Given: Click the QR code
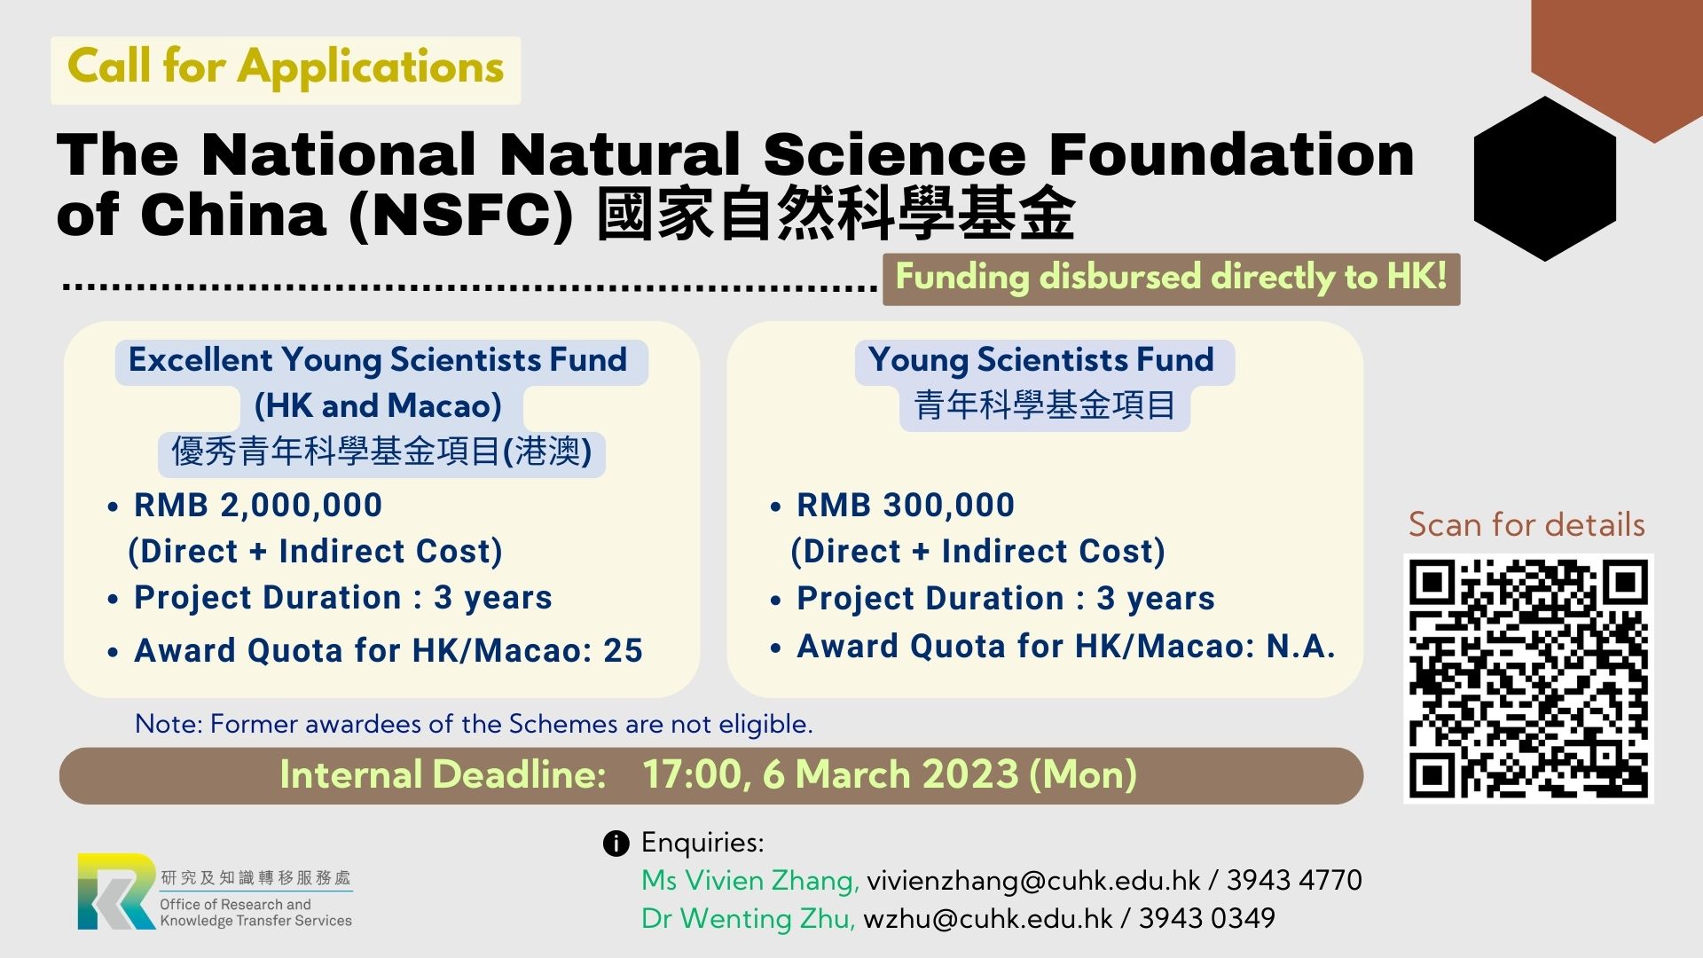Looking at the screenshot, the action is pos(1528,679).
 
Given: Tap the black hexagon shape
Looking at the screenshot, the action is pos(1545,178).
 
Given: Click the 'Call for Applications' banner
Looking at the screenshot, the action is pos(286,69).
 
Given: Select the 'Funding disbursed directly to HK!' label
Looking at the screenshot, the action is pos(1171,279).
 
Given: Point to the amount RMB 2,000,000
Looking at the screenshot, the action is pos(258,505).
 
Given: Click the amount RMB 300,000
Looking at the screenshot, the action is pos(906,505).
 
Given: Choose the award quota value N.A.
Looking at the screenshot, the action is pos(1300,646).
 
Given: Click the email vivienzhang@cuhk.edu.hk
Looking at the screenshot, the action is pos(1033,880).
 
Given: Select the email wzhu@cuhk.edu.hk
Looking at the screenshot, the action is pos(987,918).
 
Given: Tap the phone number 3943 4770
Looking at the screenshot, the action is pos(1294,880).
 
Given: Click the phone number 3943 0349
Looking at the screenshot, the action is pos(1207,918).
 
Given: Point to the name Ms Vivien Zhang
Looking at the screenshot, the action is pos(750,881).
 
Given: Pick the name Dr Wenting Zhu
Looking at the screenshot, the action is pos(749,919).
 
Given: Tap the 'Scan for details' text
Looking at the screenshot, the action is pos(1526,524).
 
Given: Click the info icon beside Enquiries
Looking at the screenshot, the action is pos(616,844).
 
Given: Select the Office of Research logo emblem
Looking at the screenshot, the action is pos(116,891).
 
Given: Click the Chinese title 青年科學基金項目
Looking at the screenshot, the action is pos(1045,405).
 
